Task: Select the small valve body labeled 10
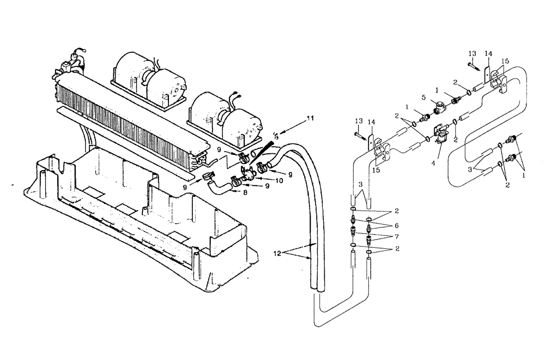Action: tap(249, 176)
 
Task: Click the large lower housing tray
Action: tap(136, 218)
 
